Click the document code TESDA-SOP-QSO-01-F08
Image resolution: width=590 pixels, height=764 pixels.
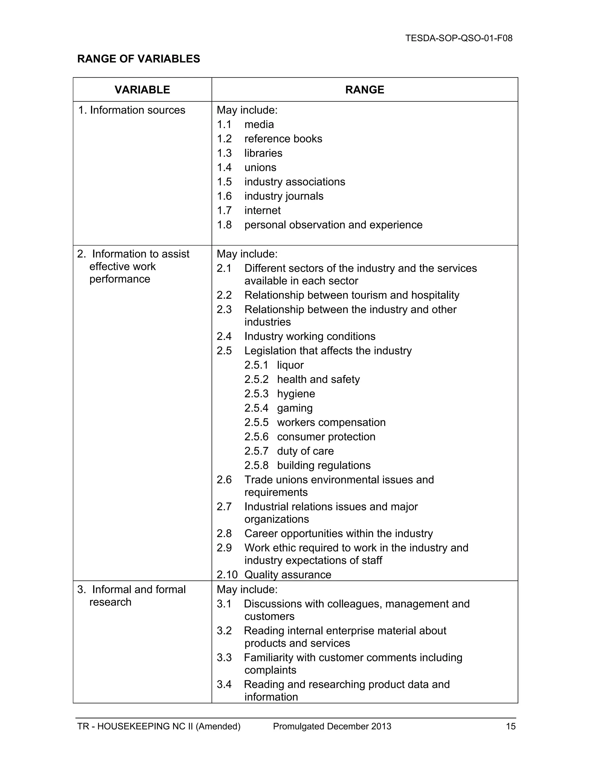point(459,38)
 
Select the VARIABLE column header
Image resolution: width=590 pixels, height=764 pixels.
point(142,90)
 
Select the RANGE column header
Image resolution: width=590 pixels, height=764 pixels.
point(364,90)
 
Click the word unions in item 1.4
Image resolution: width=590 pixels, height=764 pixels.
point(260,168)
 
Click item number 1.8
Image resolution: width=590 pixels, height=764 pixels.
point(224,225)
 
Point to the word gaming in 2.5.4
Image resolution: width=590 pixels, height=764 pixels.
point(295,408)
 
